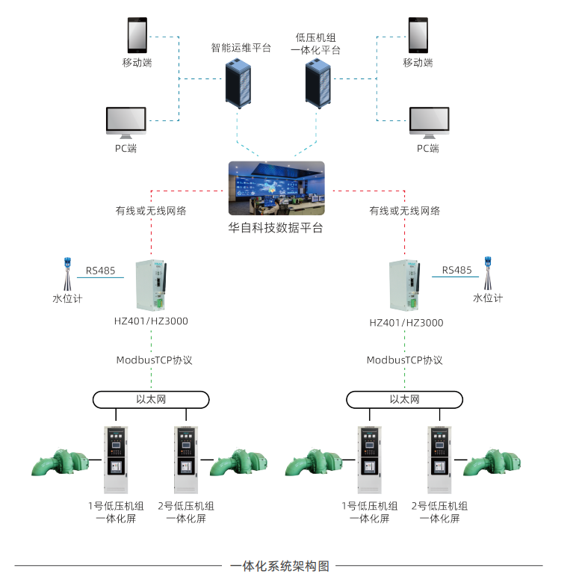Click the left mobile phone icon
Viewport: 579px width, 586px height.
[137, 35]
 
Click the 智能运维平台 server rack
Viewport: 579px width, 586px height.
[240, 83]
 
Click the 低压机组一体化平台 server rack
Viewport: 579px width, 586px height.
[318, 83]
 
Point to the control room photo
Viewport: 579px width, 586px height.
[276, 188]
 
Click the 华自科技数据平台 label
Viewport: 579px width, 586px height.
[276, 228]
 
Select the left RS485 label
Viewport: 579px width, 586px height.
[101, 271]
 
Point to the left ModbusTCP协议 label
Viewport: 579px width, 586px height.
[154, 360]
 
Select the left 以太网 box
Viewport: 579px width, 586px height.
[151, 399]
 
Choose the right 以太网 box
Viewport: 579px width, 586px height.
[404, 399]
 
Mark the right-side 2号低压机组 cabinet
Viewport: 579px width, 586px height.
[439, 460]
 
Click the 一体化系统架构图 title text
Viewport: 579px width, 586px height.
[280, 566]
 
